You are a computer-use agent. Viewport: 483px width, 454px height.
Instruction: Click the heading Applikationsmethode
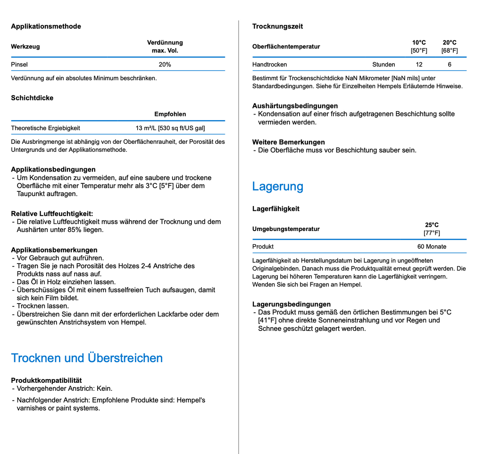click(46, 26)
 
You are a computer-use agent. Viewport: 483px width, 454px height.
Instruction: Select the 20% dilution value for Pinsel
click(165, 65)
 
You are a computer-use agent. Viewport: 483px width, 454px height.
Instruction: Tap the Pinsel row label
click(19, 65)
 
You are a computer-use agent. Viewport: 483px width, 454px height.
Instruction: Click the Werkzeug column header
click(25, 47)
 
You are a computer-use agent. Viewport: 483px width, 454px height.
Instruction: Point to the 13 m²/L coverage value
click(170, 128)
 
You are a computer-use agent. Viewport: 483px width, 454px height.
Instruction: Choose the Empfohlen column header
click(170, 114)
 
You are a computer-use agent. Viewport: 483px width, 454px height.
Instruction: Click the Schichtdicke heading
click(32, 98)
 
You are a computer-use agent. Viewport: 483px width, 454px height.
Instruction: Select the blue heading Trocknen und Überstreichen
click(87, 358)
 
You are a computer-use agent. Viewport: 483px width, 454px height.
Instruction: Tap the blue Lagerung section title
click(277, 186)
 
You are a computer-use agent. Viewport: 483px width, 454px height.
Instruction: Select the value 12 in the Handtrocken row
click(419, 65)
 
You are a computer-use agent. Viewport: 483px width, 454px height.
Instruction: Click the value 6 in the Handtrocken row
click(450, 65)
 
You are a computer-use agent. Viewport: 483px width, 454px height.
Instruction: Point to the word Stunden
click(383, 65)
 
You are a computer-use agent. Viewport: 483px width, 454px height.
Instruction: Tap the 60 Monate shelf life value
click(432, 247)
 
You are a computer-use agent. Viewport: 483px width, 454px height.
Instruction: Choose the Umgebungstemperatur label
click(286, 229)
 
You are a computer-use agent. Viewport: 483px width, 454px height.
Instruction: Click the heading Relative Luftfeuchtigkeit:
click(52, 214)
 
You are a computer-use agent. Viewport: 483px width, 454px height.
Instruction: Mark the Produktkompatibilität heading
click(46, 380)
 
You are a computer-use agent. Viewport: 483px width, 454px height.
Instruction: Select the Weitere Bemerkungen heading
click(288, 142)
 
